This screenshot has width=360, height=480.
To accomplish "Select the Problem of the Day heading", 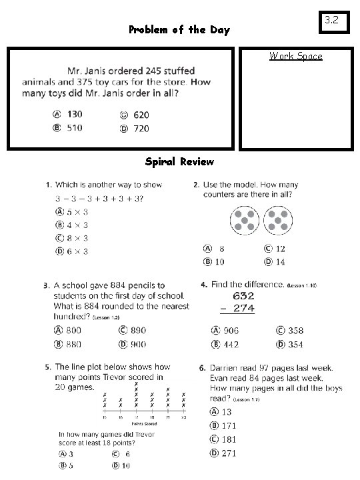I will (x=179, y=29).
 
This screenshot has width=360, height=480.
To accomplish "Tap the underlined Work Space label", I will (x=295, y=56).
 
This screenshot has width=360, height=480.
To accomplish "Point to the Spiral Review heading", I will (x=179, y=161).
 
